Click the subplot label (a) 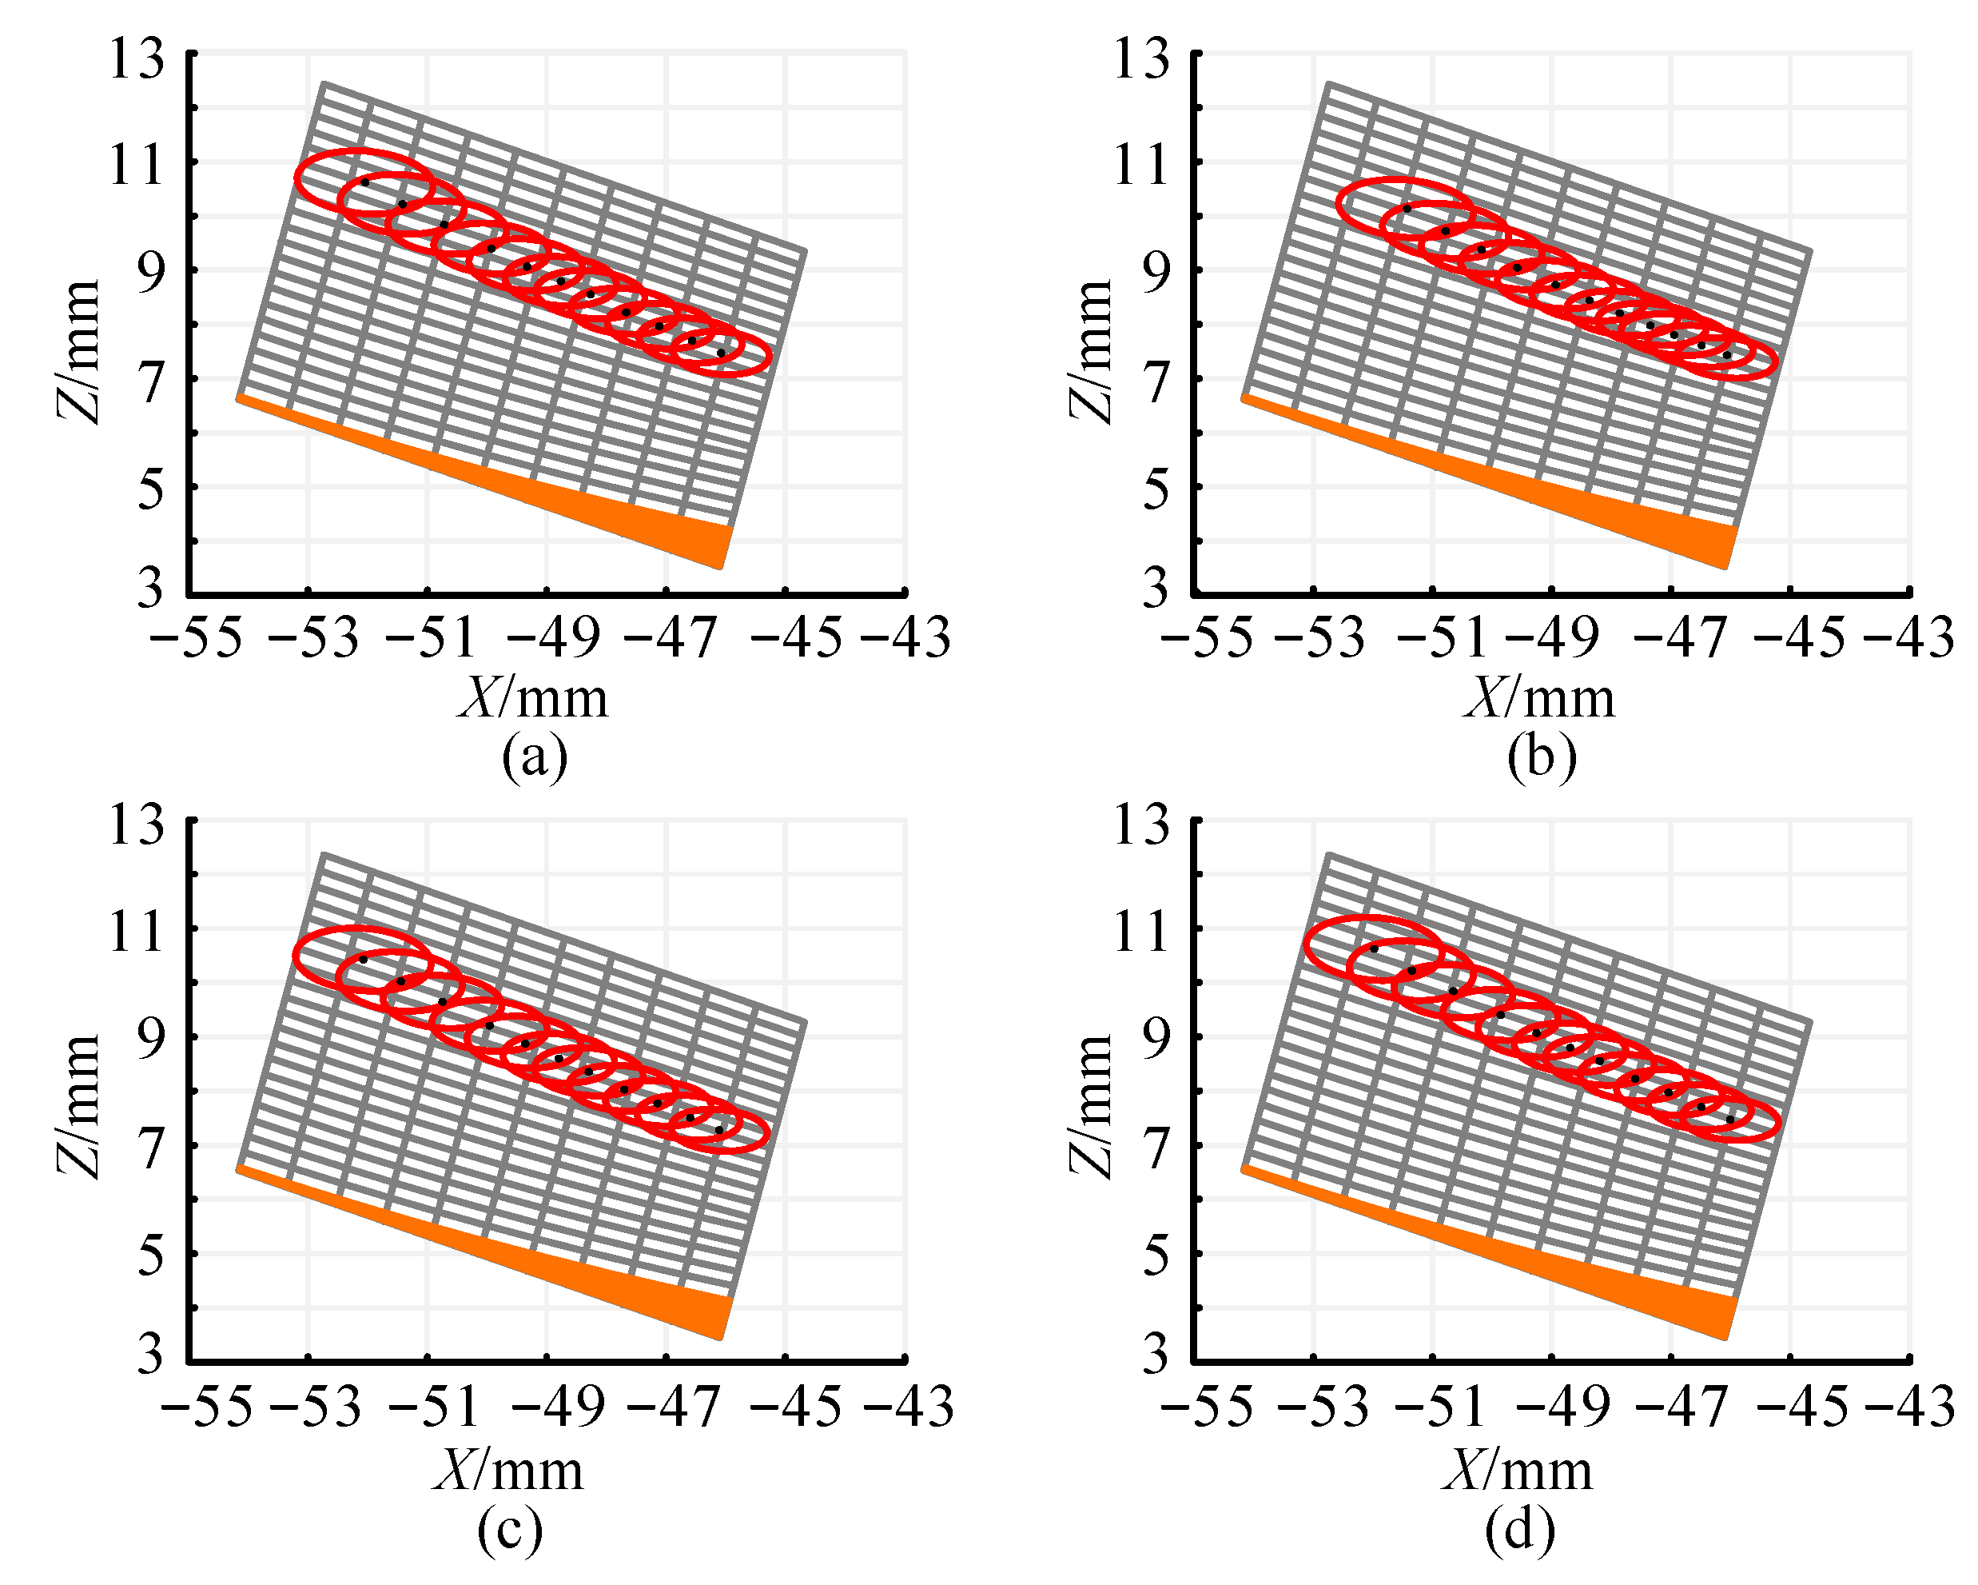pos(535,758)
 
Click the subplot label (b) pos(1542,758)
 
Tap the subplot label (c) pos(510,1529)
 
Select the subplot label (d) pos(1520,1529)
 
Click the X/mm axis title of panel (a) pos(533,698)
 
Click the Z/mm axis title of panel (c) pos(79,1106)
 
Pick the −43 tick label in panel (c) pos(907,1406)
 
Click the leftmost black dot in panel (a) pos(364,182)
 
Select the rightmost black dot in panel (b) pos(1726,354)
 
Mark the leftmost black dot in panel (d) pos(1373,949)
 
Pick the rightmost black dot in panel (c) pos(718,1129)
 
